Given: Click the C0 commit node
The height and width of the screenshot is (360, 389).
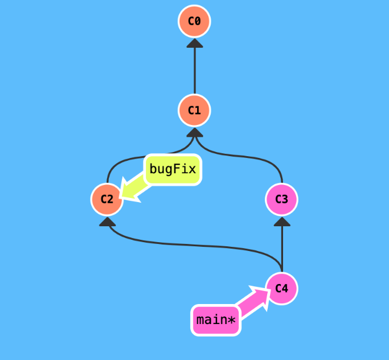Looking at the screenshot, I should pos(194,22).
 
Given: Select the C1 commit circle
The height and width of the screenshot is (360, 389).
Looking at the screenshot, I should pos(194,110).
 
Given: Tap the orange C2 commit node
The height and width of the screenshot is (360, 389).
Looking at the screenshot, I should pos(107,199).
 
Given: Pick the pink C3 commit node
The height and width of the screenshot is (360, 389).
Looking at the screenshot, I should pos(282,199).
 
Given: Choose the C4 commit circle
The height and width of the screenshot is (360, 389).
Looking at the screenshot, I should pos(282,288).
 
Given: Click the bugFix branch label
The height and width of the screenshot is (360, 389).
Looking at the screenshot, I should pos(173,170).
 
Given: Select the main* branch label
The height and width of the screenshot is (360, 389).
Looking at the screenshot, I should pos(216,321).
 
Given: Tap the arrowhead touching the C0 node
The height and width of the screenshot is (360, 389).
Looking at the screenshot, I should pos(194,42).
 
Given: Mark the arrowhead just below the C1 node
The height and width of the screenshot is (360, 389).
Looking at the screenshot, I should pos(194,131).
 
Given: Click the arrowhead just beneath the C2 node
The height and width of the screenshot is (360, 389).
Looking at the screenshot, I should pos(107,221).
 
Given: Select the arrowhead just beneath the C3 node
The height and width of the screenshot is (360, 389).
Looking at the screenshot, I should pos(282,221).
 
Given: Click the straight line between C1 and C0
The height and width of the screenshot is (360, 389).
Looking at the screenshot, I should pos(194,71).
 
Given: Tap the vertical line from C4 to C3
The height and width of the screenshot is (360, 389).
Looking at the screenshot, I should pos(282,247).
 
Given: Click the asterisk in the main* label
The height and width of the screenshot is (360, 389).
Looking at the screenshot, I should pos(231,320).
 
